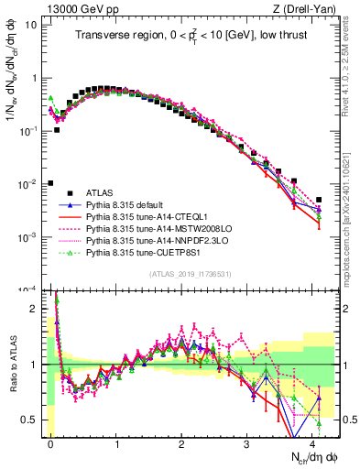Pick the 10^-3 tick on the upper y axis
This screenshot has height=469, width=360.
coord(28,237)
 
